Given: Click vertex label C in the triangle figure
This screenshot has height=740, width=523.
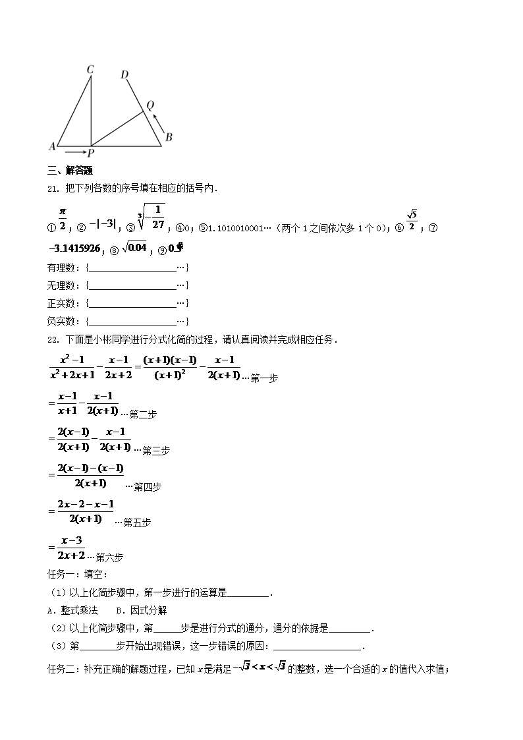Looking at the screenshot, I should [90, 69].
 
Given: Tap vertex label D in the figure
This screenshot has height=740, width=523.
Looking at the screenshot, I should [124, 74].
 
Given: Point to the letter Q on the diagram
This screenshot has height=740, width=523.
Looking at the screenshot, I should [150, 105].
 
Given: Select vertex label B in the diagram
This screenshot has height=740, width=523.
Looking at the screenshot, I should [169, 138].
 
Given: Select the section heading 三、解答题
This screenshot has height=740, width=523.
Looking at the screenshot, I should [68, 173].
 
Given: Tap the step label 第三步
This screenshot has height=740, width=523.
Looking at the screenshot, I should [156, 451].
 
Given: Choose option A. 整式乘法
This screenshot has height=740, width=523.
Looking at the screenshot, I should [74, 610].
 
